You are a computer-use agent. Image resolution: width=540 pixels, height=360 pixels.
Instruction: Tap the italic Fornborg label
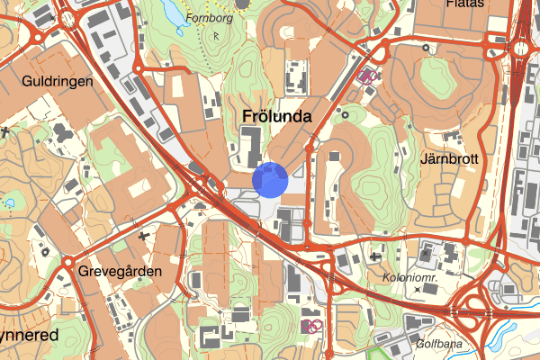208,17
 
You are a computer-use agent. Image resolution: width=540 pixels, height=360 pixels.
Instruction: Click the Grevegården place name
119,271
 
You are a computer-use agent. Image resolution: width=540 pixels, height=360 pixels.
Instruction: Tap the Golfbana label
439,344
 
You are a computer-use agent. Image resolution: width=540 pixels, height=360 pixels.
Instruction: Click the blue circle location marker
269,179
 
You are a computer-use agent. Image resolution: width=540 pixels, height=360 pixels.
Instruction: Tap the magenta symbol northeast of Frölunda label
367,77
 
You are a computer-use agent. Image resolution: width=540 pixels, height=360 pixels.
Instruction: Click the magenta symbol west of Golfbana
311,326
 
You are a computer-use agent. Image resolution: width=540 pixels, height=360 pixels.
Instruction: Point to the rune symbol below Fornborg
219,36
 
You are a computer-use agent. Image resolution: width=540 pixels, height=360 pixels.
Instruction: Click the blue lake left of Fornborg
170,10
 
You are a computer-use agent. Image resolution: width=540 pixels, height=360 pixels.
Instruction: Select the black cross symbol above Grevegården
146,236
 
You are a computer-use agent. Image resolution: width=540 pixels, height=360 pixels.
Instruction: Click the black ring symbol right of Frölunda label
345,114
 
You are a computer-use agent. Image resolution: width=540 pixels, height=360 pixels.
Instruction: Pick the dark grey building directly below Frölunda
251,144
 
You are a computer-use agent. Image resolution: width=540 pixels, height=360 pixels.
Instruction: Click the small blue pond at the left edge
8,203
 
